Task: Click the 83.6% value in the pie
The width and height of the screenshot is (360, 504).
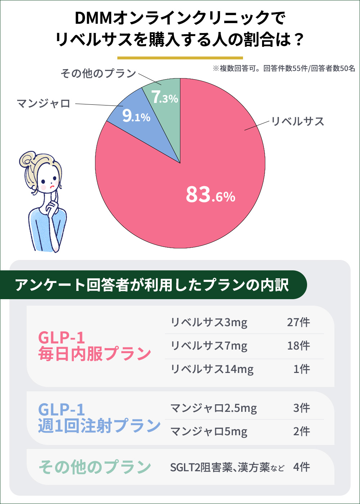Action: (210, 195)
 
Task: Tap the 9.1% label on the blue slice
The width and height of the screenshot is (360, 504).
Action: (136, 116)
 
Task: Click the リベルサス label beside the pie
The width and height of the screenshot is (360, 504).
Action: (297, 121)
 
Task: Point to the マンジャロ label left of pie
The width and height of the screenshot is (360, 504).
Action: (44, 104)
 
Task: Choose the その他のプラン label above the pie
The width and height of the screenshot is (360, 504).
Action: (98, 73)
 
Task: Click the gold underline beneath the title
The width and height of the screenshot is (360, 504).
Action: (180, 58)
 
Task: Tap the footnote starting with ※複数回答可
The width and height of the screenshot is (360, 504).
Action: (284, 69)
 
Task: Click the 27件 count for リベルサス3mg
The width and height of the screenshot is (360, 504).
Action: (298, 322)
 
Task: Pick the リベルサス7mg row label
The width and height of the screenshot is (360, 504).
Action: (209, 346)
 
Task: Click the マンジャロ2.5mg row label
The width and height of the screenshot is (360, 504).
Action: (213, 408)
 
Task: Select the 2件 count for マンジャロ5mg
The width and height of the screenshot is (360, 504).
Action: (301, 431)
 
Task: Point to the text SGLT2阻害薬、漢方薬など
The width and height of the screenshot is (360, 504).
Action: (227, 468)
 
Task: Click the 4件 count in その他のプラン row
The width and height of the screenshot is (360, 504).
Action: (301, 467)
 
